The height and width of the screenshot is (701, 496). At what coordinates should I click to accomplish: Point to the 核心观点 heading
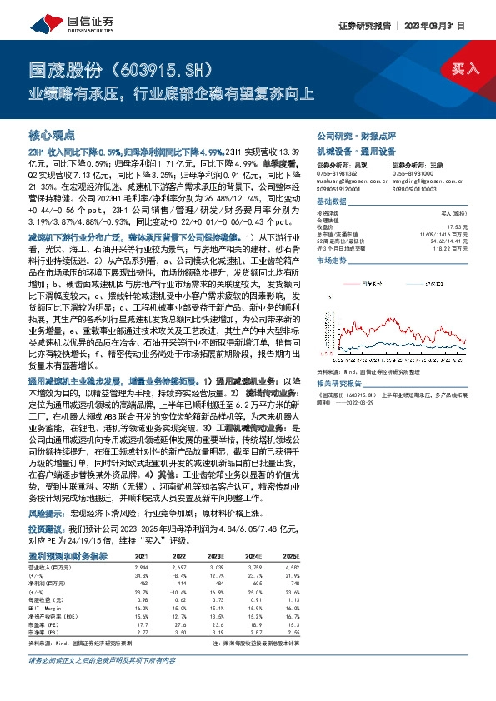[x=52, y=133]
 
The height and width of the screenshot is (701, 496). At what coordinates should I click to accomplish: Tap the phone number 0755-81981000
[x=414, y=171]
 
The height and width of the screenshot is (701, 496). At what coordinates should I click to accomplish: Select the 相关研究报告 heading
[x=338, y=383]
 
